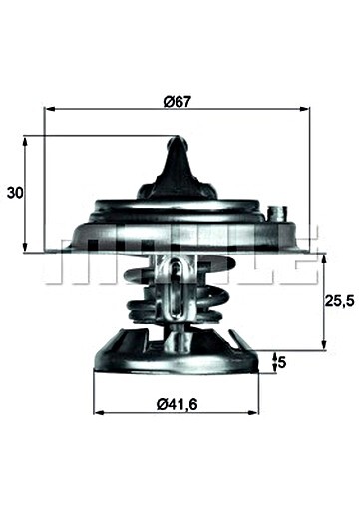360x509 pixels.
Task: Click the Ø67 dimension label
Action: pos(177,101)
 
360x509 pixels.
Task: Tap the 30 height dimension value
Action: pos(15,192)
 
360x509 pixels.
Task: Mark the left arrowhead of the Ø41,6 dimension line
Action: pos(96,411)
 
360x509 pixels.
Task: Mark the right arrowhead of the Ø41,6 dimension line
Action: pos(258,411)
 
